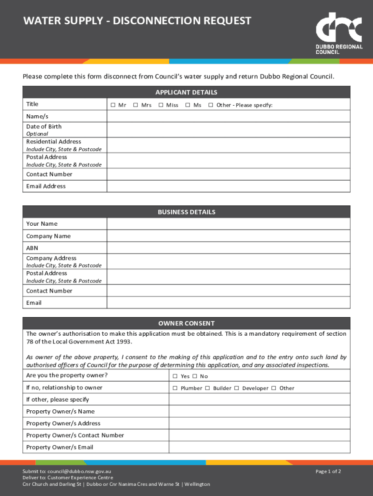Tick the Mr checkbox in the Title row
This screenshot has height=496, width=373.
point(112,105)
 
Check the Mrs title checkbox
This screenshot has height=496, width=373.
point(136,105)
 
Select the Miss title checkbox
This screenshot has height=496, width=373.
point(160,105)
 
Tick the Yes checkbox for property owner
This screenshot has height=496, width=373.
point(175,376)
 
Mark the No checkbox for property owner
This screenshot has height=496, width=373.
point(194,376)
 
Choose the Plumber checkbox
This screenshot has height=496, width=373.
point(175,388)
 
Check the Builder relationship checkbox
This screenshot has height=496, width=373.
point(207,388)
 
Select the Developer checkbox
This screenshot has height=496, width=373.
point(236,388)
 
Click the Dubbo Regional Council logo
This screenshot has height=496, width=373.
point(339,32)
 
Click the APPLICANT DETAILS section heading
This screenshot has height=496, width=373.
point(186,92)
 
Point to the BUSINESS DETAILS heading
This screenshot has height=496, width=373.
point(186,212)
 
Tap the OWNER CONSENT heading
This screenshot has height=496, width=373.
point(186,324)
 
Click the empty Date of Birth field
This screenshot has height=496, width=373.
point(228,130)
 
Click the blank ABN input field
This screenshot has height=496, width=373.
point(228,248)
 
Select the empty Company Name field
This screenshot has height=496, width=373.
point(228,236)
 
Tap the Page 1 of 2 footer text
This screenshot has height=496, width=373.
point(328,471)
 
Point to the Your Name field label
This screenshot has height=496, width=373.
point(42,224)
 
